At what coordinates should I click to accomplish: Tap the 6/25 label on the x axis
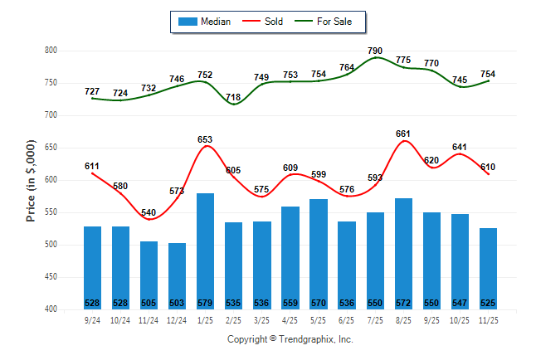click(x=347, y=319)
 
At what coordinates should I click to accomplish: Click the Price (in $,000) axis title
click(x=31, y=180)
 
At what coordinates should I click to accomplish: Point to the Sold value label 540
click(x=149, y=212)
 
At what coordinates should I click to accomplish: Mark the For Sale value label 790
click(x=375, y=51)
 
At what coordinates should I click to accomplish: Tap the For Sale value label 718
click(x=233, y=97)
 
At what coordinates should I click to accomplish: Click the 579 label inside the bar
click(x=205, y=302)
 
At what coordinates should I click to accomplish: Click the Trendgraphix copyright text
click(x=290, y=339)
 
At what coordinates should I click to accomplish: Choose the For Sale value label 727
click(x=92, y=91)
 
